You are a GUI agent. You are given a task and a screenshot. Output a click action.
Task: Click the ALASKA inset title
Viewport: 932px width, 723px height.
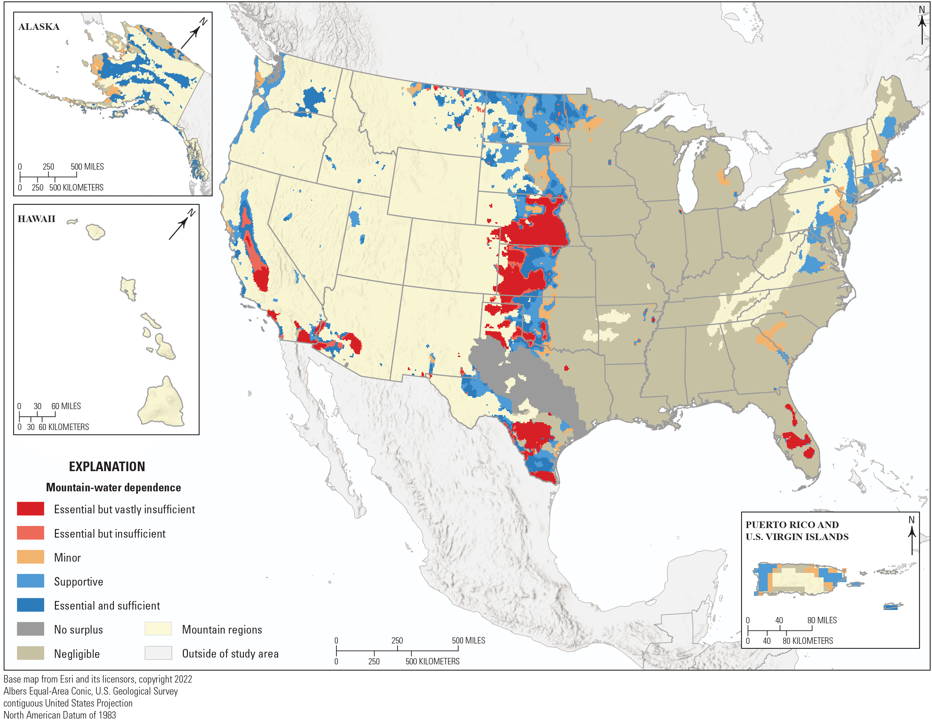(39, 27)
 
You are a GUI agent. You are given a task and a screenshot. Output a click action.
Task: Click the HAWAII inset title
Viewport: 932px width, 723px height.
(36, 219)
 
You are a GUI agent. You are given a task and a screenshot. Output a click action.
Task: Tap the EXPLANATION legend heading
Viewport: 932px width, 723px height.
(107, 467)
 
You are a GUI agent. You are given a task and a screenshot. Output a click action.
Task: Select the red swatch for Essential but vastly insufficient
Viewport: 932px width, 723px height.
(30, 509)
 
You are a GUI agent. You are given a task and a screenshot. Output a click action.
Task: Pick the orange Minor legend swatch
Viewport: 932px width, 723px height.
(30, 557)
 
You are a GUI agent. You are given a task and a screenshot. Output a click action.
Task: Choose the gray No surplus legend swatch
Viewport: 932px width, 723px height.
(30, 629)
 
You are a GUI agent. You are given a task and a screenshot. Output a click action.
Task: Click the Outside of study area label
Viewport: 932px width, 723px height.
(230, 653)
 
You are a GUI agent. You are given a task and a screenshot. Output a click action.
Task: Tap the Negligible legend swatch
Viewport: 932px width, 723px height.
(30, 653)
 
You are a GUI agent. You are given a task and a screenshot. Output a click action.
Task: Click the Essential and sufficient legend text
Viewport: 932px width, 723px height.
(107, 605)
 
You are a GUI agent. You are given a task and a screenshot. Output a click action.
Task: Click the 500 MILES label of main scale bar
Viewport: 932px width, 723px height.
(468, 640)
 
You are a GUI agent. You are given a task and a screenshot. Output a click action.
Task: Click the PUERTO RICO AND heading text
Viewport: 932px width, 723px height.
(792, 525)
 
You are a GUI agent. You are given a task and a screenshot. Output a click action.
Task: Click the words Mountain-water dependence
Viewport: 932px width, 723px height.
(113, 488)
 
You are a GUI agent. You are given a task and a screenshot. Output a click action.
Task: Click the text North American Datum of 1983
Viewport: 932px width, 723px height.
(60, 715)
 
